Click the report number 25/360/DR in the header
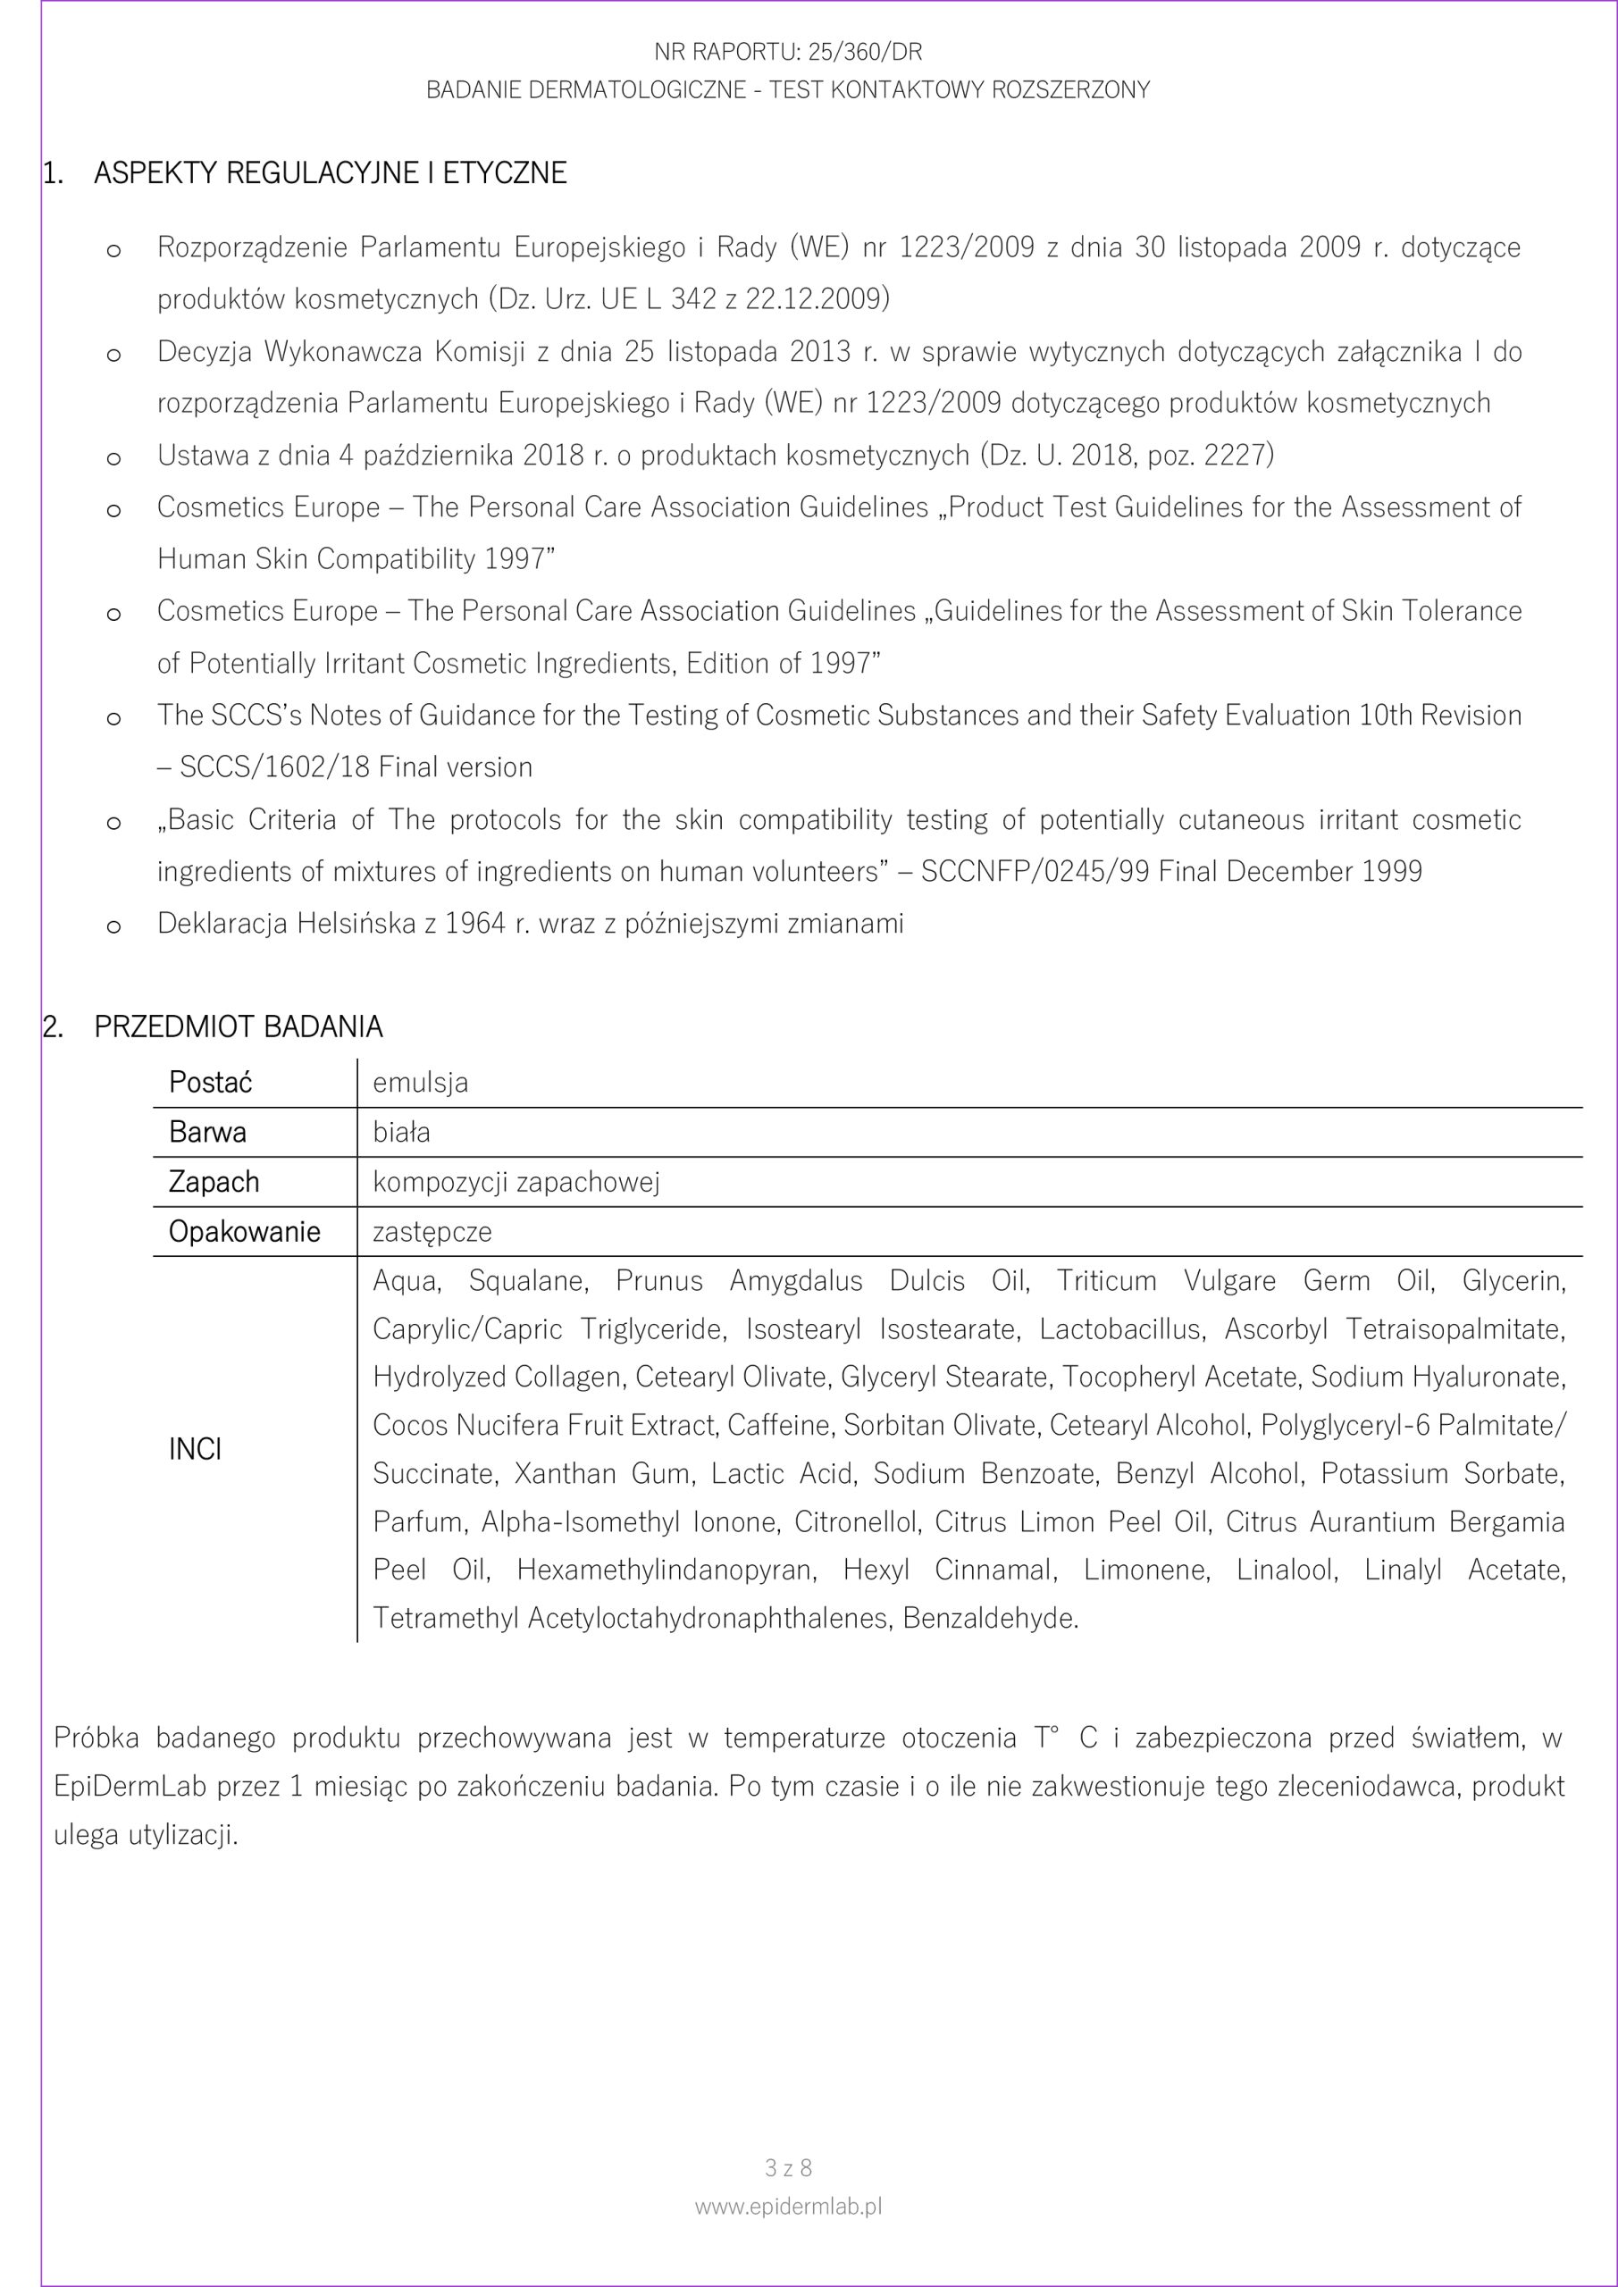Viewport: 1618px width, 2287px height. pyautogui.click(x=864, y=52)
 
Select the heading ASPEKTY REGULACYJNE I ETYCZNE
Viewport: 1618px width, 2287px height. pyautogui.click(x=330, y=173)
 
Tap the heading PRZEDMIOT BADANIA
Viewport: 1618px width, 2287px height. pyautogui.click(x=239, y=1027)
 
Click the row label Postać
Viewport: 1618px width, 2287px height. pyautogui.click(x=210, y=1083)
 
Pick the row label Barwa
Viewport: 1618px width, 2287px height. pyautogui.click(x=207, y=1133)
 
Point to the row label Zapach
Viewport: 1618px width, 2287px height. pyautogui.click(x=214, y=1182)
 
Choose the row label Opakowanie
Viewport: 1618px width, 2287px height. pyautogui.click(x=244, y=1232)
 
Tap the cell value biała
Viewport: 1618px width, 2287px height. pyautogui.click(x=401, y=1133)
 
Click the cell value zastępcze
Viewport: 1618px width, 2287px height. pyautogui.click(x=432, y=1232)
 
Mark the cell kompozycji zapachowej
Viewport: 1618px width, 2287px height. pyautogui.click(x=516, y=1182)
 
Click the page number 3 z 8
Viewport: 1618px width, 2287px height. pyautogui.click(x=788, y=2195)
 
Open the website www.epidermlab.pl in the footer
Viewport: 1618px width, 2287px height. pyautogui.click(x=788, y=2234)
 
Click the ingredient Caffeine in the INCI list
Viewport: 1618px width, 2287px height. pyautogui.click(x=781, y=1426)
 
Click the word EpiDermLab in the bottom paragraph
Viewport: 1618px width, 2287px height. pyautogui.click(x=130, y=1786)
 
